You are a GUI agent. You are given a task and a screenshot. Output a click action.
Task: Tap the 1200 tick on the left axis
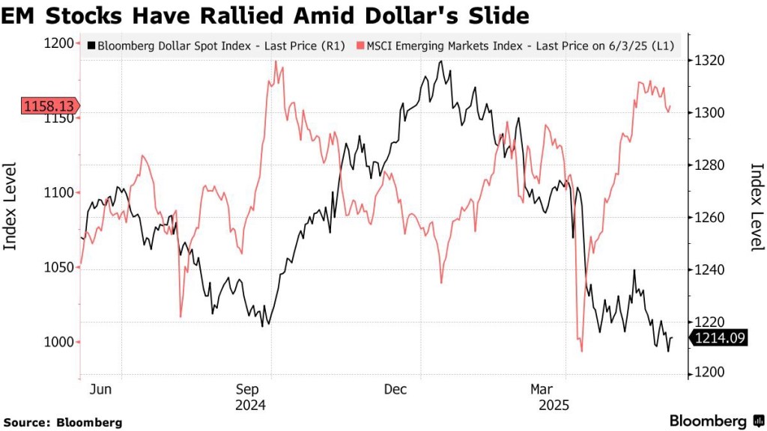(x=59, y=43)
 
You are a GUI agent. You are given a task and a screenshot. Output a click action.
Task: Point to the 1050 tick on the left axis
(x=59, y=268)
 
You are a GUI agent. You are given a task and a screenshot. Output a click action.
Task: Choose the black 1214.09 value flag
(x=719, y=339)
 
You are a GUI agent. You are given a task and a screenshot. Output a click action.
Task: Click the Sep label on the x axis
(x=249, y=389)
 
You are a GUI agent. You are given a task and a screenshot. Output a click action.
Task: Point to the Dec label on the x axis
(x=395, y=389)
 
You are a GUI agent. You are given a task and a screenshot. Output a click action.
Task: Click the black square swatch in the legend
(x=91, y=46)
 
